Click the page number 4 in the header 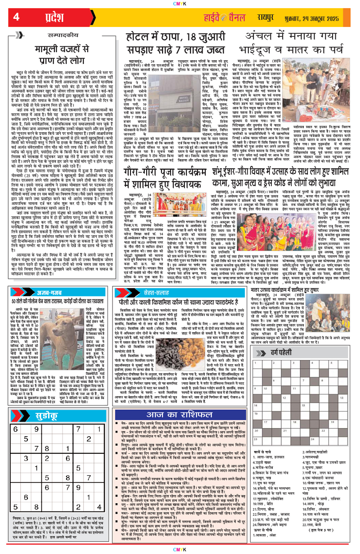(16, 17)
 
